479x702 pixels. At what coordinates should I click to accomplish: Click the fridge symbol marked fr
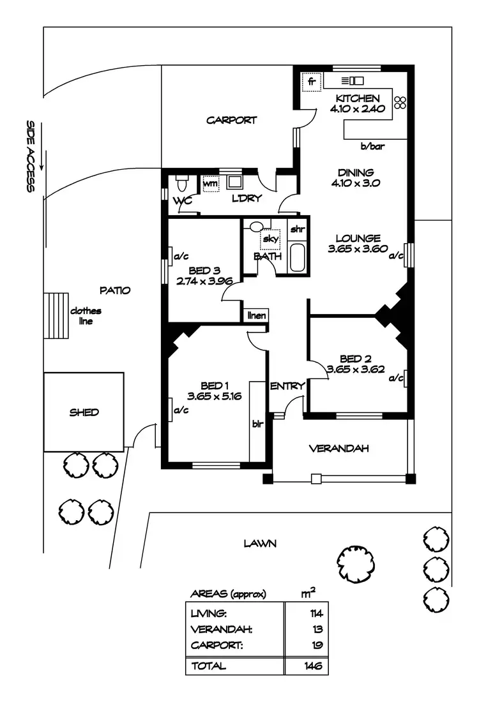[312, 82]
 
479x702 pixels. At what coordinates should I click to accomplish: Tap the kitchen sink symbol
[353, 80]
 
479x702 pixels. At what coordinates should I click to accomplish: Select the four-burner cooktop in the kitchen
[400, 103]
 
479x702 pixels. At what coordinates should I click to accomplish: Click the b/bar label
[372, 147]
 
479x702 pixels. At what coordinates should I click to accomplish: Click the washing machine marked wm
[210, 184]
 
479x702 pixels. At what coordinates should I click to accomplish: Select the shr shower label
[297, 229]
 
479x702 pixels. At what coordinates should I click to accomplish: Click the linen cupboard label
[257, 315]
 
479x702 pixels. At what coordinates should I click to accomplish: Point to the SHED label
[84, 412]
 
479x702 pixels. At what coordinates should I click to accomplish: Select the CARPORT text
[231, 120]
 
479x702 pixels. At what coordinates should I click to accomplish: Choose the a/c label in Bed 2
[397, 378]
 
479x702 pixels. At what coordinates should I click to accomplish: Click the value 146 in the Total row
[312, 666]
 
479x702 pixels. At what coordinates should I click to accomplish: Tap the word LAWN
[259, 544]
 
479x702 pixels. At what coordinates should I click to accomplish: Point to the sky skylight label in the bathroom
[270, 239]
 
